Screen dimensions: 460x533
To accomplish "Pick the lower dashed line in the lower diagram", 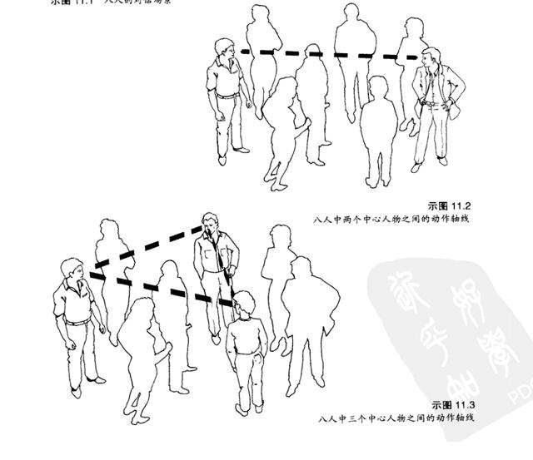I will (x=162, y=288).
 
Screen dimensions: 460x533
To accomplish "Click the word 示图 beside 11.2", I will (x=438, y=205).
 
